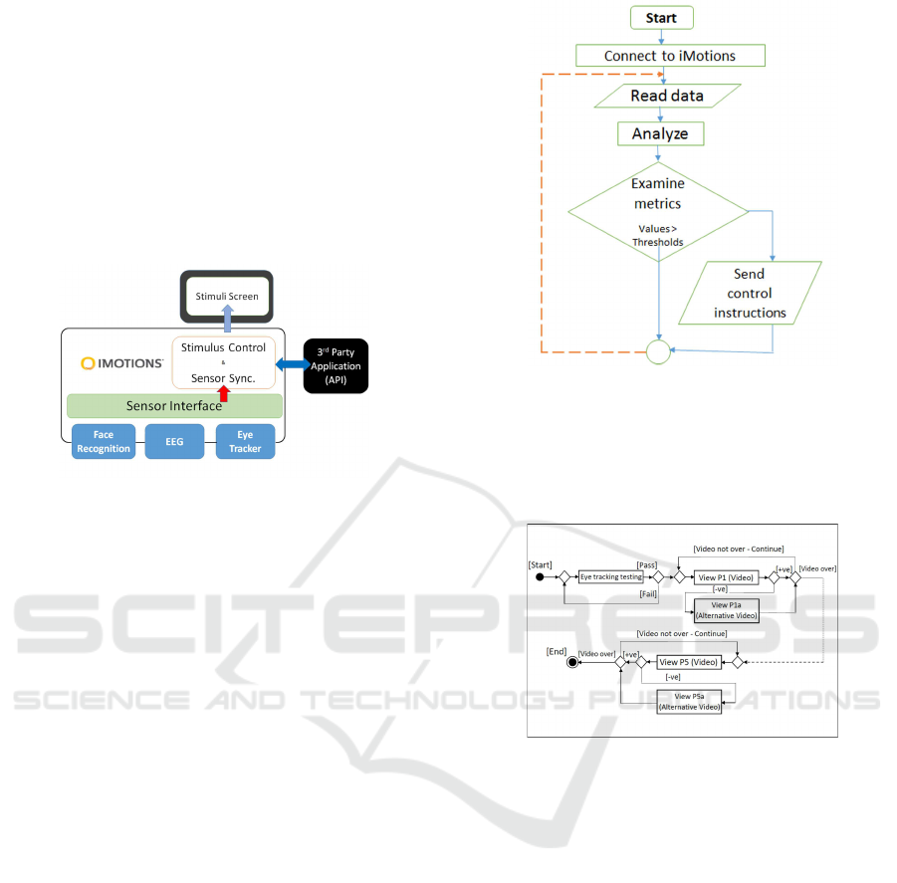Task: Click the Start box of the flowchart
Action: [x=661, y=17]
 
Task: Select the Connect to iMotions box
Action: [x=669, y=56]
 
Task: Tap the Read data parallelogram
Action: [x=667, y=96]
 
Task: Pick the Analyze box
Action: [x=659, y=133]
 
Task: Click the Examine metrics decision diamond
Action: [x=657, y=210]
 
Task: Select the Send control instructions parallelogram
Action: [x=749, y=293]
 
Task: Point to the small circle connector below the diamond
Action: [x=657, y=351]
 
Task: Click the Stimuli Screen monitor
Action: [x=226, y=296]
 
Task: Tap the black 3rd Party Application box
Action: [x=335, y=365]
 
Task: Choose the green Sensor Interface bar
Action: [x=174, y=405]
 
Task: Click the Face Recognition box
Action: [x=104, y=442]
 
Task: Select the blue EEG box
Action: [x=174, y=442]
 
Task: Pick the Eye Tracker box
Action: [x=245, y=442]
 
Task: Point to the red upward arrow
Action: [x=223, y=394]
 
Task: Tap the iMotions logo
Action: [x=122, y=364]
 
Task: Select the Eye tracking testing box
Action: [x=611, y=576]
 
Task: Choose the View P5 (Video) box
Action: [x=688, y=661]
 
